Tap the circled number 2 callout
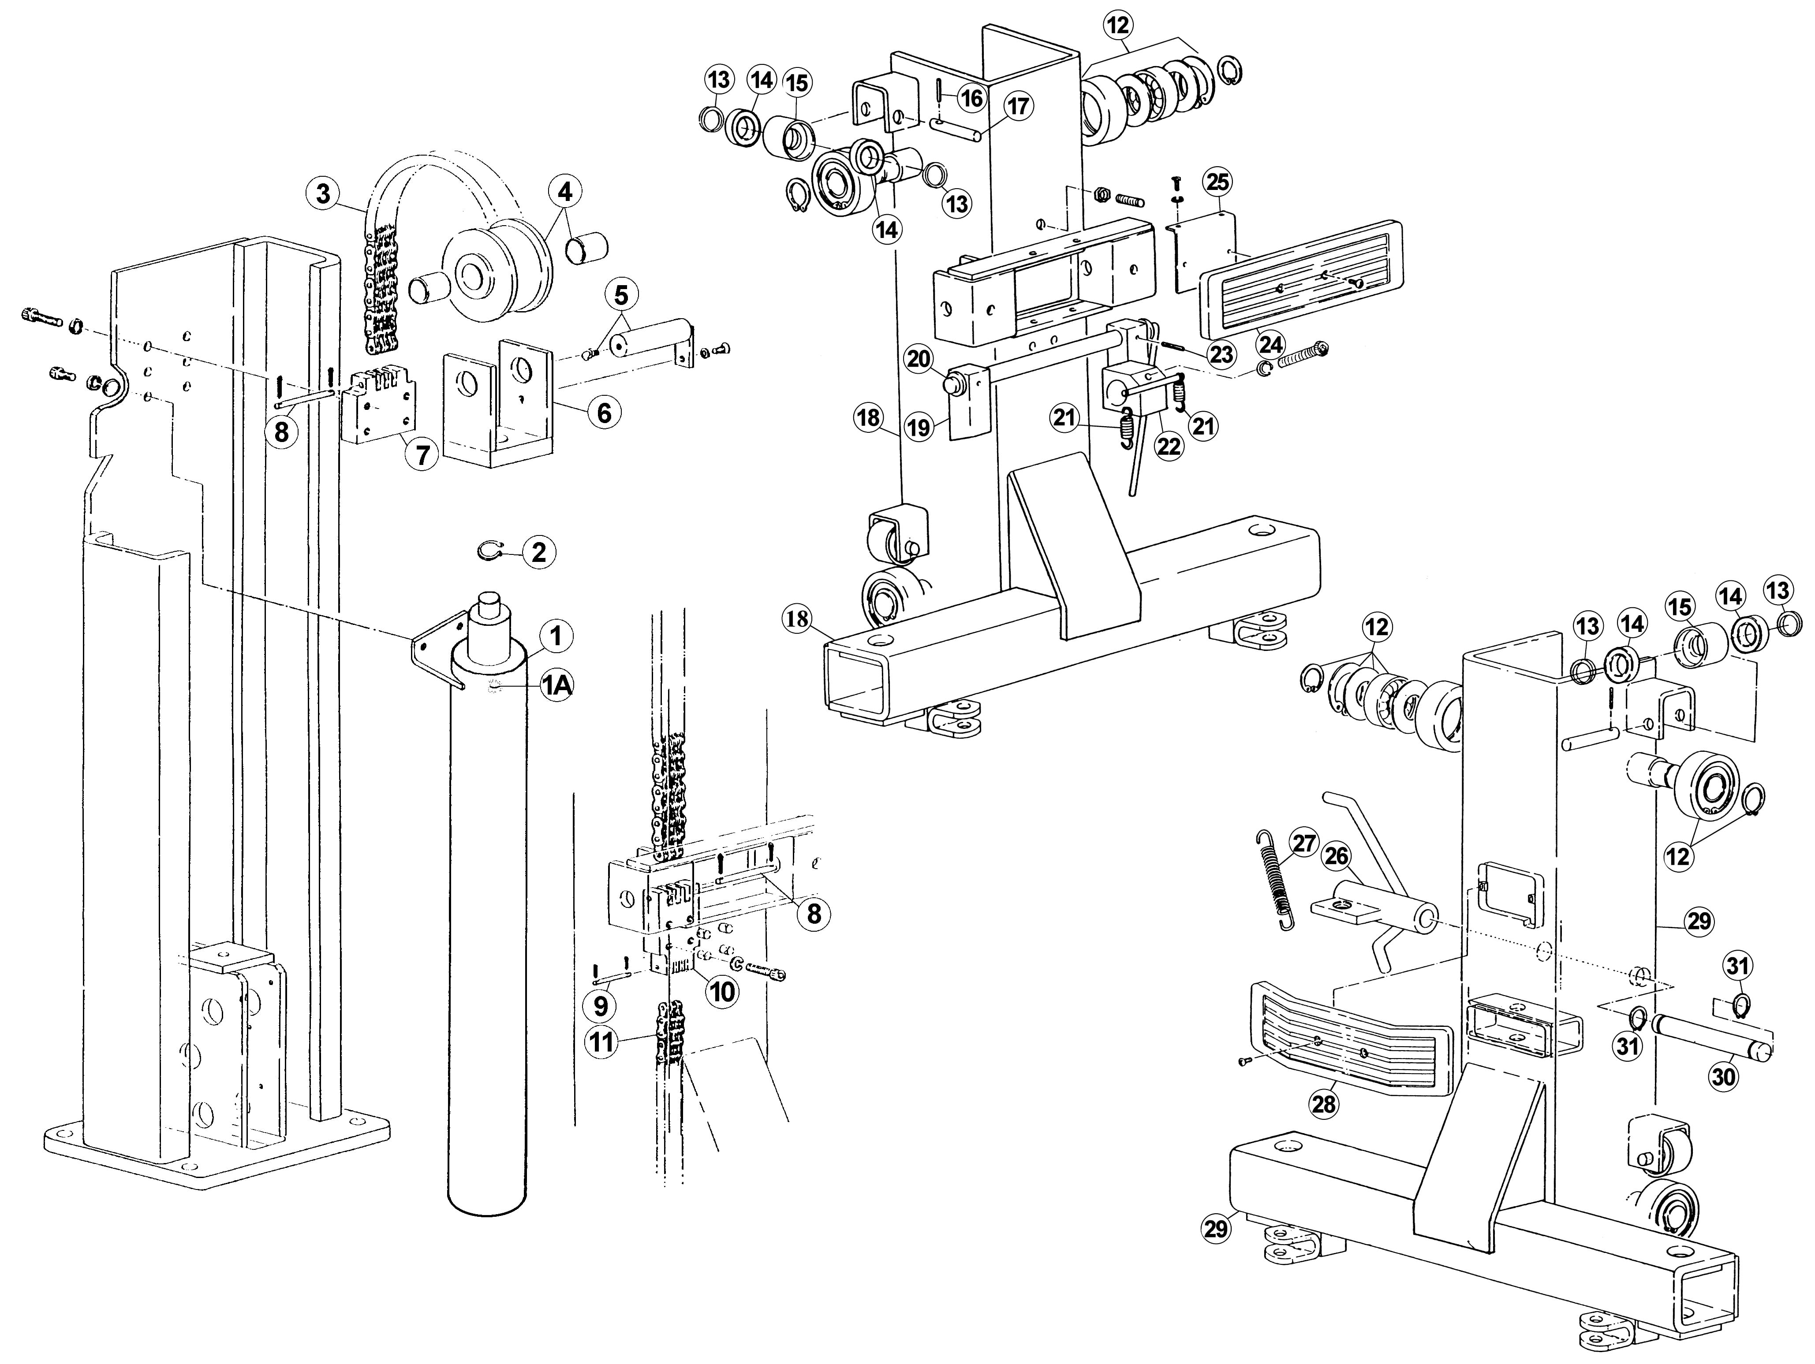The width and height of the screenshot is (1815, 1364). pyautogui.click(x=538, y=552)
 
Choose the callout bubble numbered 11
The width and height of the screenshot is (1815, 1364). pyautogui.click(x=602, y=1042)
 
